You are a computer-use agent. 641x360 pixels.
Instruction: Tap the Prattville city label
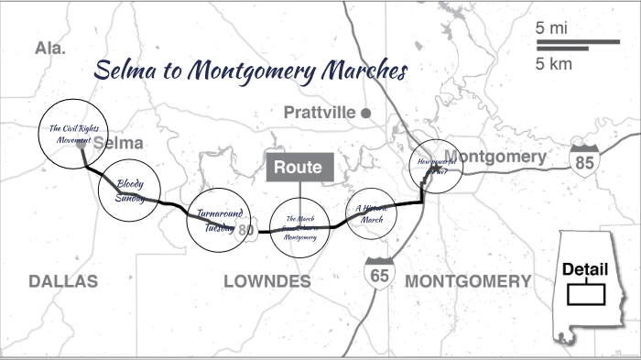pyautogui.click(x=320, y=113)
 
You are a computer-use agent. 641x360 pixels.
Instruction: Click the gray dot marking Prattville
pyautogui.click(x=365, y=113)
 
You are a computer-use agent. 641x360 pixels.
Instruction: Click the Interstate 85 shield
pyautogui.click(x=583, y=159)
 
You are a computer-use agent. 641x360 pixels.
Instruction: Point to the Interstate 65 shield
pyautogui.click(x=377, y=273)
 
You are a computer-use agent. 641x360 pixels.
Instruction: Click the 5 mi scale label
pyautogui.click(x=551, y=28)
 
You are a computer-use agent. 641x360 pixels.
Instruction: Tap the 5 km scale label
pyautogui.click(x=551, y=62)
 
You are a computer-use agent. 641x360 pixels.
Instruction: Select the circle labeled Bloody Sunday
pyautogui.click(x=130, y=191)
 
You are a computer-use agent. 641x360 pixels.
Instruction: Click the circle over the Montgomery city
pyautogui.click(x=435, y=166)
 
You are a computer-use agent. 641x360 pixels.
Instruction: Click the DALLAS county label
pyautogui.click(x=62, y=281)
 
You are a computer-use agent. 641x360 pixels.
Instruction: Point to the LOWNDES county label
pyautogui.click(x=267, y=281)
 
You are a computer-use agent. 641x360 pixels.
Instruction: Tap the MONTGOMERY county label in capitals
pyautogui.click(x=467, y=280)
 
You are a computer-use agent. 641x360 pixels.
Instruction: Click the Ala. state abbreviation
pyautogui.click(x=49, y=49)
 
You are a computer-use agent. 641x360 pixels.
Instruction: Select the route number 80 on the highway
pyautogui.click(x=245, y=231)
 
